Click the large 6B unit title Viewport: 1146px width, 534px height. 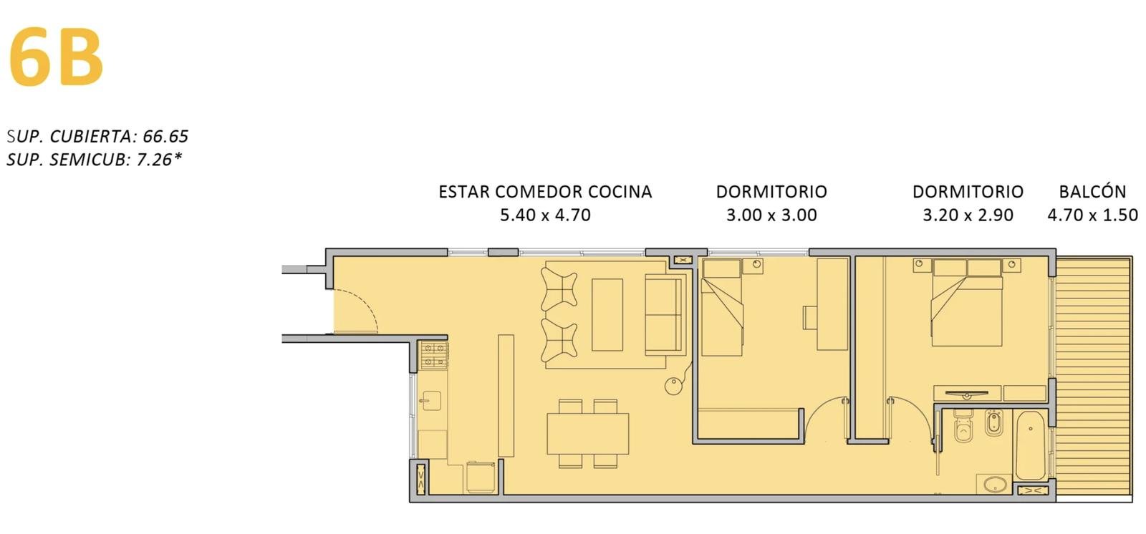(x=57, y=57)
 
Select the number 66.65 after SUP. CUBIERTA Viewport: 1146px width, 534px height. (x=165, y=136)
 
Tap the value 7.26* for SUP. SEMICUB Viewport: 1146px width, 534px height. (x=158, y=159)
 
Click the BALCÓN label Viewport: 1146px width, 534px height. (x=1092, y=191)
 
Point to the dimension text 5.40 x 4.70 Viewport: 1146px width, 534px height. (x=545, y=215)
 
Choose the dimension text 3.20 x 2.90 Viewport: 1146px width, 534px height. (x=968, y=215)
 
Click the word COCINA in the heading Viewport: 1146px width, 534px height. (x=620, y=191)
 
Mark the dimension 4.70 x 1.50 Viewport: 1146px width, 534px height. (x=1093, y=215)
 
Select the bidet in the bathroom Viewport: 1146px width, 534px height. (x=994, y=422)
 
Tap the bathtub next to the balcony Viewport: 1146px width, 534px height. (x=1031, y=445)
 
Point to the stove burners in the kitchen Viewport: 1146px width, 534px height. (x=434, y=356)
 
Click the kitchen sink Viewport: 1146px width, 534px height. (x=432, y=401)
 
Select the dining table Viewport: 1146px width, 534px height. (x=588, y=434)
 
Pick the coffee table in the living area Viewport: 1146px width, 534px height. (x=607, y=314)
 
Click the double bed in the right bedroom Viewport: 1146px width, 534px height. (x=966, y=302)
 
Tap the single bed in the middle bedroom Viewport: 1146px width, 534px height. (x=721, y=307)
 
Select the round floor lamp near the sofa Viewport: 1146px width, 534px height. (x=673, y=386)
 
